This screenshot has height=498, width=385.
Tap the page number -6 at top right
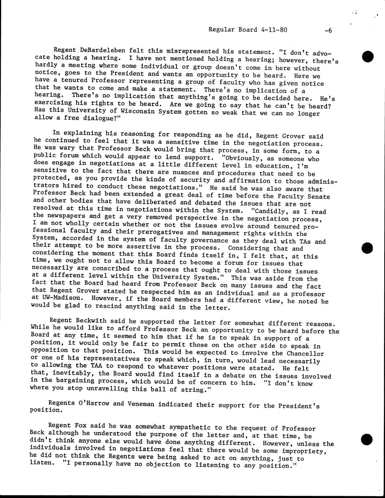[x=328, y=31]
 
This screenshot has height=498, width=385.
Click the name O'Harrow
[x=94, y=403]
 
